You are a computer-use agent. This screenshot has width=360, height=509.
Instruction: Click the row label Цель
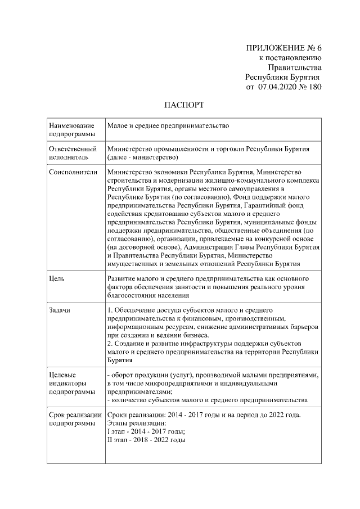[x=57, y=278]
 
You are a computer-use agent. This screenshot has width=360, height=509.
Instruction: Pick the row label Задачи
[x=60, y=310]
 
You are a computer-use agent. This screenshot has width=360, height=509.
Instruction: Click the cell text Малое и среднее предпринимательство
[x=168, y=127]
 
